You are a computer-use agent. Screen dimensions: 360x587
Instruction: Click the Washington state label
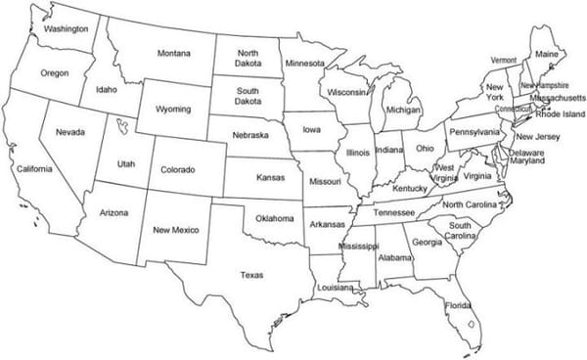(66, 29)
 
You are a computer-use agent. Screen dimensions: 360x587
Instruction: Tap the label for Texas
(251, 275)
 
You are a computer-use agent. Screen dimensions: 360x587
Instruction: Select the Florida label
(458, 305)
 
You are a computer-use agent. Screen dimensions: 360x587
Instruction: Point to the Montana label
(173, 52)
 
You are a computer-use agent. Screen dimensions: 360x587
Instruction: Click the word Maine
(547, 54)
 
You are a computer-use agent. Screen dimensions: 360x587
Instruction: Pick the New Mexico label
(176, 230)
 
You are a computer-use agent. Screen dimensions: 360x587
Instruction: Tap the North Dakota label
(248, 58)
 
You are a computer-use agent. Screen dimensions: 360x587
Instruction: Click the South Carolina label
(461, 231)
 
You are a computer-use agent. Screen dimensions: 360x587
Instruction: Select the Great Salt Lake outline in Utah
(121, 126)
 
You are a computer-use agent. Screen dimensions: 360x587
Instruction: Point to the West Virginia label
(445, 173)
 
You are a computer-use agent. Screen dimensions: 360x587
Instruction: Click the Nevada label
(70, 132)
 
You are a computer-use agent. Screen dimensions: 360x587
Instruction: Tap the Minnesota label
(304, 64)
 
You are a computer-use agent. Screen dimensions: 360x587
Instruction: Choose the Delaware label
(526, 153)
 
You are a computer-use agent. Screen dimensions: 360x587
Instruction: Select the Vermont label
(503, 60)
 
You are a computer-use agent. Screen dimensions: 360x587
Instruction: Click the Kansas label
(271, 179)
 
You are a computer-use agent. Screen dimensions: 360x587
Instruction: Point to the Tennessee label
(394, 212)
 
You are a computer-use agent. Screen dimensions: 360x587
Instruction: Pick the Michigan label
(403, 111)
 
